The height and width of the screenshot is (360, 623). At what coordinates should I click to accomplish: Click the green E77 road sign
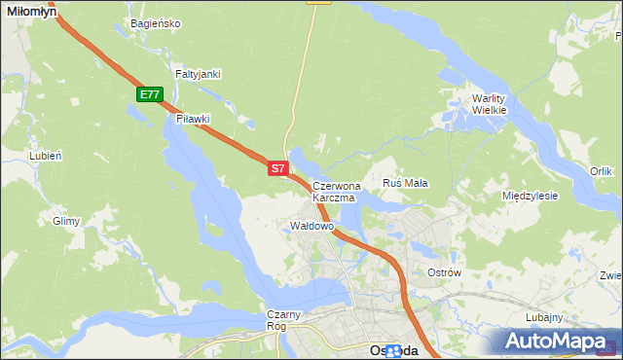(149, 94)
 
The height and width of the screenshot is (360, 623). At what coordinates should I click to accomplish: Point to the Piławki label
(193, 119)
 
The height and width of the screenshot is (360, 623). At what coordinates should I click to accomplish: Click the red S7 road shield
(277, 168)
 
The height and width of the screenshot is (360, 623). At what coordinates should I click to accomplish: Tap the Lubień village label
(46, 156)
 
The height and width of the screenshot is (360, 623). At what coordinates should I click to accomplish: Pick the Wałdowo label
(312, 226)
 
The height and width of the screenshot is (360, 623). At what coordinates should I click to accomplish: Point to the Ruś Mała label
(406, 183)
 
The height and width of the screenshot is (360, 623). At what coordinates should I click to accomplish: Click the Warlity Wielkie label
(490, 104)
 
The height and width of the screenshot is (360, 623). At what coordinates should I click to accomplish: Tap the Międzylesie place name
(530, 196)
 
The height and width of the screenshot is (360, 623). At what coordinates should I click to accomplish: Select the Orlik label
(601, 171)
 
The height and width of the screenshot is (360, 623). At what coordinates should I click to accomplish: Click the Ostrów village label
(444, 272)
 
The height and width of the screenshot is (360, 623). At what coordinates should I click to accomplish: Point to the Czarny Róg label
(287, 319)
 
